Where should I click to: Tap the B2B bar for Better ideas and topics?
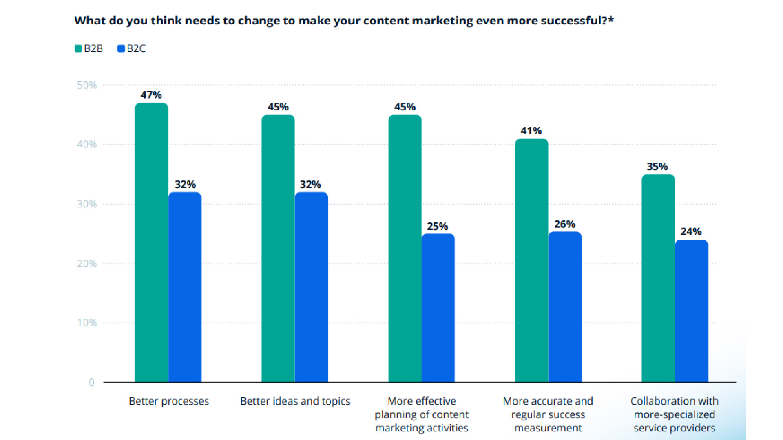point(278,248)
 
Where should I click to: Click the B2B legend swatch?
point(78,49)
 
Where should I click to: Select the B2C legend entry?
point(131,49)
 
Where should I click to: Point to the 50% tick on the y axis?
point(87,85)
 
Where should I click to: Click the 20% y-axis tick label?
point(87,264)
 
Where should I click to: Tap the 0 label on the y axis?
point(91,383)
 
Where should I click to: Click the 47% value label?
point(151,95)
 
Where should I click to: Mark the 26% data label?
point(564,224)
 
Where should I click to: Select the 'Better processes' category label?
point(169,401)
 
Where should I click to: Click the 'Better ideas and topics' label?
point(295,401)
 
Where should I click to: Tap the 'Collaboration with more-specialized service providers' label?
point(674,414)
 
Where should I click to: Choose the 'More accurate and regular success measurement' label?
point(548,414)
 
